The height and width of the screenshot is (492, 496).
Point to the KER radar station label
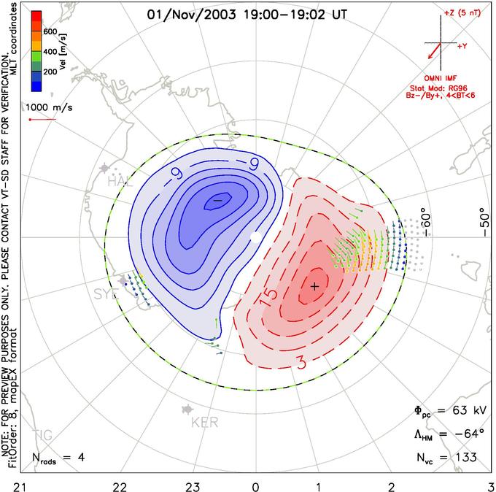pos(204,423)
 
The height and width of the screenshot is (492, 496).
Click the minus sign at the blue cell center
pos(217,199)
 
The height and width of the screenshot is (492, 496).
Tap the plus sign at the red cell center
pos(314,286)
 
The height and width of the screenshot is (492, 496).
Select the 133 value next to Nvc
pos(463,458)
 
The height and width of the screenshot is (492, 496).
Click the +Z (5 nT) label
pos(461,13)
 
